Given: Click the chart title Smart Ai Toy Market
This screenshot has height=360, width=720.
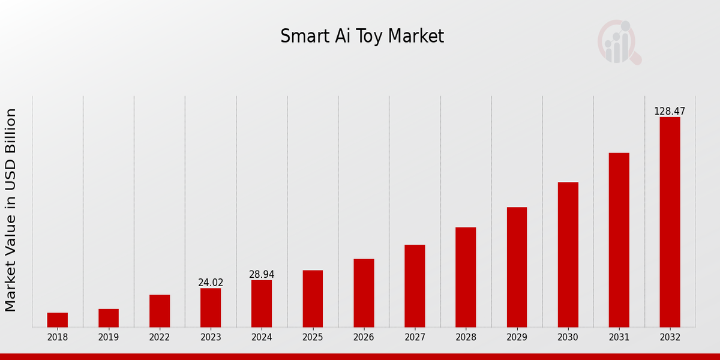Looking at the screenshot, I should pos(362,37).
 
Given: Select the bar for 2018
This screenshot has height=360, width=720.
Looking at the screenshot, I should pos(58,320).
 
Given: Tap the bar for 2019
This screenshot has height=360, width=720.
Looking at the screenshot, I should pos(109,318).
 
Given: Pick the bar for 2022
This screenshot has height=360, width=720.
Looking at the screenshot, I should pos(160,311).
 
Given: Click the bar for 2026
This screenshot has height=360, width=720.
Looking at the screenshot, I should pos(364,293).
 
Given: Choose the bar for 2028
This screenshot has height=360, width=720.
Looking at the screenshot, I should pos(466,277).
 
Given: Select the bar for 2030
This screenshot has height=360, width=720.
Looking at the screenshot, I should pos(568,254).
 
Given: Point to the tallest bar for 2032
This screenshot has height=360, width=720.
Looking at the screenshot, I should pos(670,222).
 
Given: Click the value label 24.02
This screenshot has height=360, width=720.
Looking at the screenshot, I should pos(211,283).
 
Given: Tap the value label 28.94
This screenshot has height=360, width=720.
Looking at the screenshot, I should pos(262,274).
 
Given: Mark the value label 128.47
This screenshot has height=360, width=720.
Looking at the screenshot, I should pos(670,112).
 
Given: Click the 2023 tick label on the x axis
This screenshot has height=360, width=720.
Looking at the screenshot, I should pos(211,337).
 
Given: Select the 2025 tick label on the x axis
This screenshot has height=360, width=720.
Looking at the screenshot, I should pos(313,337).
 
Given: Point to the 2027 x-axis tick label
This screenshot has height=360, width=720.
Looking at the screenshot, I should pos(415,337).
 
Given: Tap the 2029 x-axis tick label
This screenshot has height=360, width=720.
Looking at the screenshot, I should pos(517,337).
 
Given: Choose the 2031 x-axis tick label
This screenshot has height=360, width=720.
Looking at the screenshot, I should pos(619,337).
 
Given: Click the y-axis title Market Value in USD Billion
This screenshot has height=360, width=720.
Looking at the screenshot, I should pos(11,210).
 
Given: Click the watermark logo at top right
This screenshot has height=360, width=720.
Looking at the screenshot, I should pos(619,42).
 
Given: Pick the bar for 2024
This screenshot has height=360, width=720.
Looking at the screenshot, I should pos(262,304).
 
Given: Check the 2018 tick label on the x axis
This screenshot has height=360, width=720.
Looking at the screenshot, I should pos(58,337).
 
